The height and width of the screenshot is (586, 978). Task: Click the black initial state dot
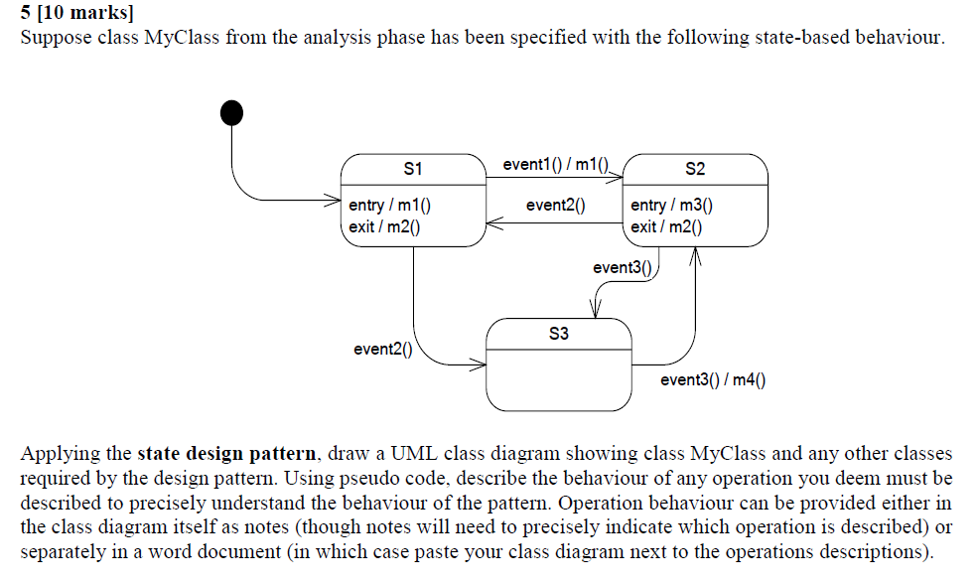point(230,112)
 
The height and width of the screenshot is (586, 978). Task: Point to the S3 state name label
point(559,334)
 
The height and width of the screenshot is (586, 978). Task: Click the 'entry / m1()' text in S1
point(389,206)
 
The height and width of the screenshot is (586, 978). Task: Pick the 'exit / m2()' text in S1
point(384,226)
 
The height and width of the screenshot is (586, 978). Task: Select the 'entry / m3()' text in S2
point(671,206)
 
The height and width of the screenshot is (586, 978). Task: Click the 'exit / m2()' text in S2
point(666,226)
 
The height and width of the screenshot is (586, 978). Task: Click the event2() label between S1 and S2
point(555,206)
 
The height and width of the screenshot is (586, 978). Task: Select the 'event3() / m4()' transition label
point(713,379)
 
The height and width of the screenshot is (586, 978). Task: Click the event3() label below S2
point(623,267)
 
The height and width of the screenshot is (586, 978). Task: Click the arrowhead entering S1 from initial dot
point(335,200)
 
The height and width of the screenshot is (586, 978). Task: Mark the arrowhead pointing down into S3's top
point(596,310)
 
